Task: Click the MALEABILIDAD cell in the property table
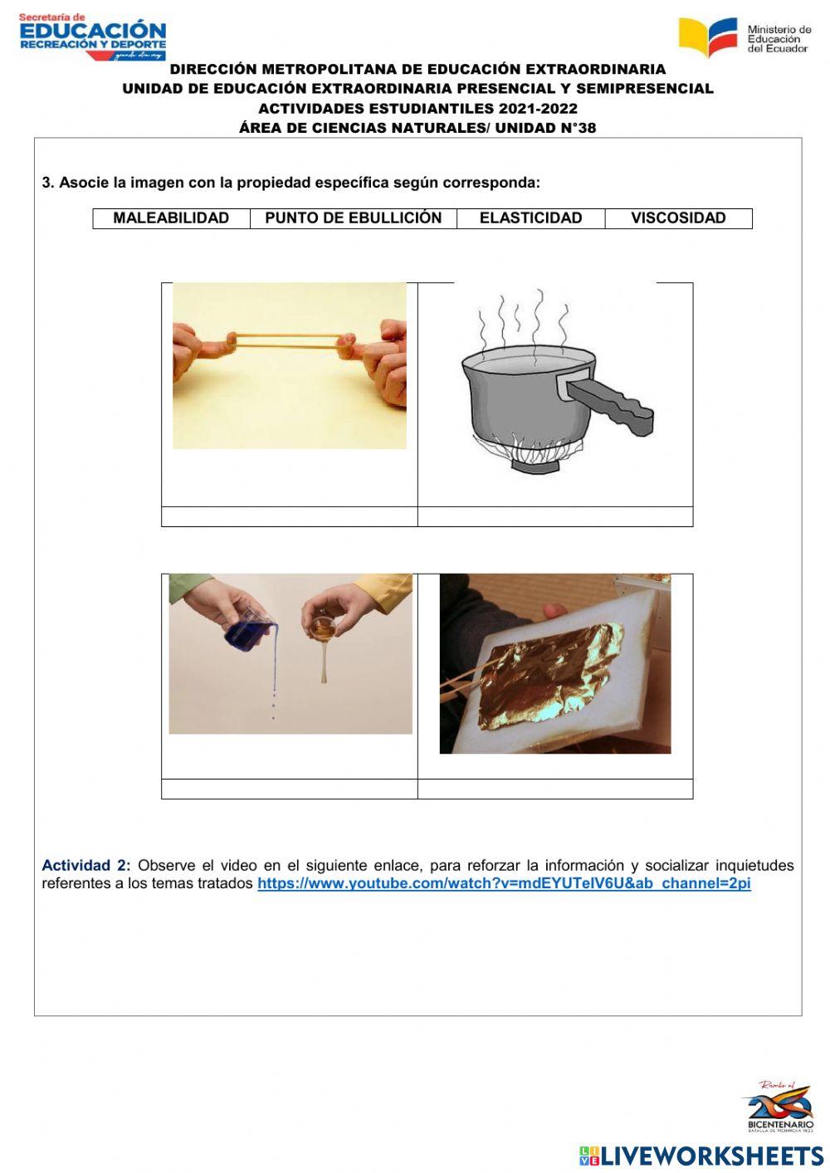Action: tap(171, 218)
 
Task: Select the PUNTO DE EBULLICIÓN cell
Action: tap(354, 218)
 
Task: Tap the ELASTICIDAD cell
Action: tap(531, 218)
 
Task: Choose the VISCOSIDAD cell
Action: tap(679, 218)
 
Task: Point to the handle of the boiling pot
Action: tap(610, 404)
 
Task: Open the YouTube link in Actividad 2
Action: tap(504, 883)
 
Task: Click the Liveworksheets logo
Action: tap(701, 1156)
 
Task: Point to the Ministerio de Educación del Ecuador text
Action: tap(779, 39)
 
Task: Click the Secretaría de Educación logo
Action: tap(93, 37)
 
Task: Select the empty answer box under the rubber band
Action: tap(290, 516)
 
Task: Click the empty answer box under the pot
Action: tap(555, 516)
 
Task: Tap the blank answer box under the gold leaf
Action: tap(555, 789)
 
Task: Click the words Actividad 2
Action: tap(86, 866)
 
